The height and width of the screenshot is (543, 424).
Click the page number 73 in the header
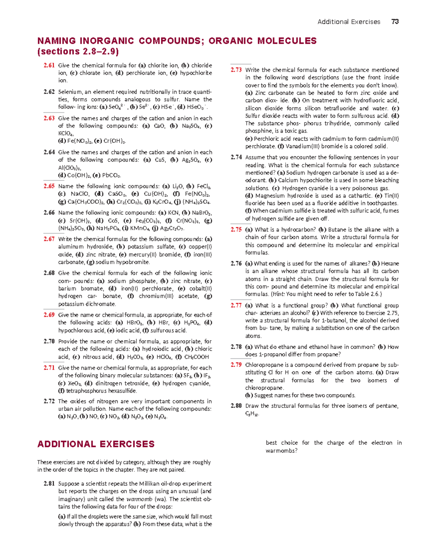pyautogui.click(x=395, y=22)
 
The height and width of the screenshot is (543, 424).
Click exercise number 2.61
pyautogui.click(x=49, y=65)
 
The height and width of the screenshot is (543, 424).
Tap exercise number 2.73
pyautogui.click(x=236, y=70)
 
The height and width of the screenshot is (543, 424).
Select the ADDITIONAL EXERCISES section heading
pyautogui.click(x=96, y=444)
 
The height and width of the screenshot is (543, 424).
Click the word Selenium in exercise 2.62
pyautogui.click(x=71, y=92)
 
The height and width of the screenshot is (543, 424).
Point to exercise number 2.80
pyautogui.click(x=236, y=406)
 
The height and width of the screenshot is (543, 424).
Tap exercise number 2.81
pyautogui.click(x=49, y=484)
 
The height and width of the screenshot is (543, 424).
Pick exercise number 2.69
pyautogui.click(x=49, y=315)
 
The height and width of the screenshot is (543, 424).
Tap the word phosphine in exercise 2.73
pyautogui.click(x=258, y=131)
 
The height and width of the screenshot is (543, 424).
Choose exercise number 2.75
pyautogui.click(x=236, y=229)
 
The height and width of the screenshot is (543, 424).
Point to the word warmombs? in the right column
pyautogui.click(x=281, y=451)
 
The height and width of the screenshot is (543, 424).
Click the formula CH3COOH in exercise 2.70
pyautogui.click(x=196, y=357)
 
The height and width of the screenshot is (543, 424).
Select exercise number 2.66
pyautogui.click(x=49, y=212)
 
